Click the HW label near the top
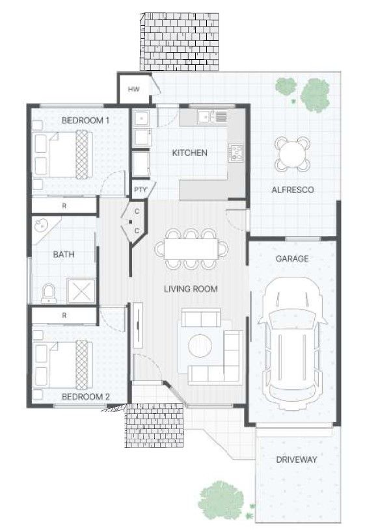tap(133, 89)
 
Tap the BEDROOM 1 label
tap(85, 120)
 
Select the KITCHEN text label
tap(189, 153)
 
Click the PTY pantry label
tap(140, 190)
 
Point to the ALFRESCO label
tap(292, 190)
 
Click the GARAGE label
tap(292, 258)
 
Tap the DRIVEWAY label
tap(296, 460)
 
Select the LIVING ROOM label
tap(191, 289)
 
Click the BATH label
tap(63, 254)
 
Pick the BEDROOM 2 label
tap(85, 396)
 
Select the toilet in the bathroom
tap(48, 294)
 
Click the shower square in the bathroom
tap(81, 291)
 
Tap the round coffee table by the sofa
tap(200, 345)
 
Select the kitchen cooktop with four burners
tap(236, 153)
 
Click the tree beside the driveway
tap(222, 498)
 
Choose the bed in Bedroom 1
tap(62, 153)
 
